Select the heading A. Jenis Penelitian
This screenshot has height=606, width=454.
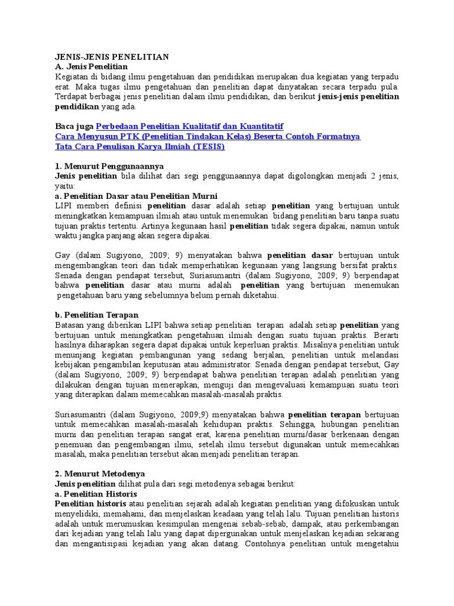[x=92, y=67]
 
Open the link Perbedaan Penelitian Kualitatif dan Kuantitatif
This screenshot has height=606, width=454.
[x=190, y=127]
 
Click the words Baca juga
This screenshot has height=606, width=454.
[x=74, y=127]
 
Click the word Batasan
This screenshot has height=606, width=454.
[x=70, y=325]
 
